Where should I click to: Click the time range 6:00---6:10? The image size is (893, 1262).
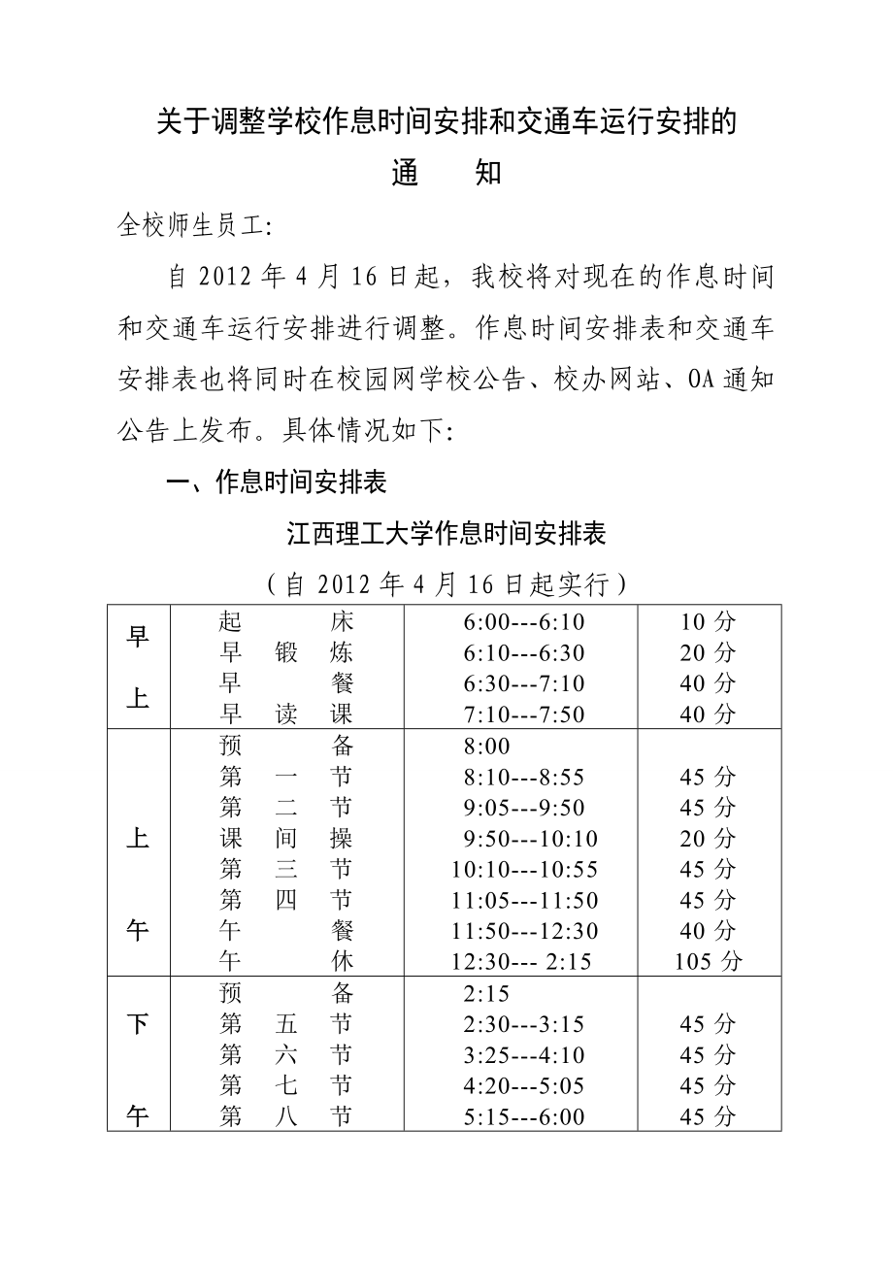[524, 622]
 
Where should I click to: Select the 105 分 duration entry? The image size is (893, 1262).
[709, 962]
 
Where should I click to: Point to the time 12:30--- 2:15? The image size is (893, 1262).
[521, 962]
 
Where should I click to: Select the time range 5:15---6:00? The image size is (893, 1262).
[524, 1117]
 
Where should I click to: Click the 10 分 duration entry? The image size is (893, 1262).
[709, 622]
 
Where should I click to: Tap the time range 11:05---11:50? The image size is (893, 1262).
[525, 901]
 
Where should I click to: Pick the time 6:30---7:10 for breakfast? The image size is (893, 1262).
[524, 684]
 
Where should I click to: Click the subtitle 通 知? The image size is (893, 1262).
[446, 174]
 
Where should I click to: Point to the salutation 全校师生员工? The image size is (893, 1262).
[196, 226]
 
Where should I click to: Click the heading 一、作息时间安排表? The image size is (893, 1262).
[278, 483]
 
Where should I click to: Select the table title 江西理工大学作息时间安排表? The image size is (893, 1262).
[446, 535]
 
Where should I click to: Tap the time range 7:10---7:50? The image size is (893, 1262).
[524, 715]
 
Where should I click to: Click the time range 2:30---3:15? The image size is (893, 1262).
[524, 1025]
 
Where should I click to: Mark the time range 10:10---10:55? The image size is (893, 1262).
[525, 870]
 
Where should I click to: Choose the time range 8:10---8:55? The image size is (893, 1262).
[524, 778]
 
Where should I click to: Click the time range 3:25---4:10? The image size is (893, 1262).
[524, 1055]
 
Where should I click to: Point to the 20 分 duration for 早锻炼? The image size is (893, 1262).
[709, 653]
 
